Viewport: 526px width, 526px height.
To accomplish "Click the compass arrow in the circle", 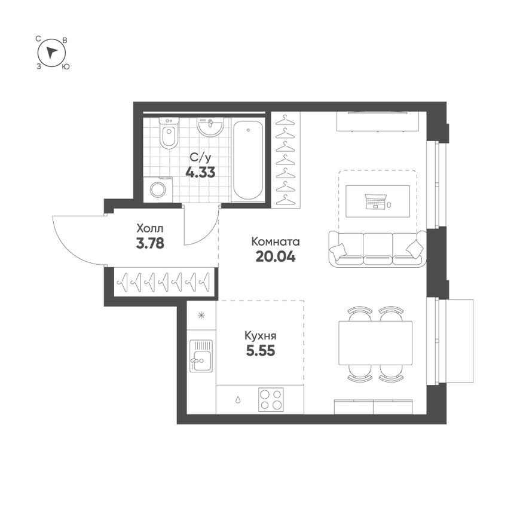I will tap(52, 52).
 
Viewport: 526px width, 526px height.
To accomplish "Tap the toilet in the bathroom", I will tap(169, 134).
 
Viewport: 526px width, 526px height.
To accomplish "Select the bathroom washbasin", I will tap(210, 127).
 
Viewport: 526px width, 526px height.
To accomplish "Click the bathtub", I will tap(247, 160).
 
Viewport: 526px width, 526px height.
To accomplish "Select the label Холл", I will tap(149, 228).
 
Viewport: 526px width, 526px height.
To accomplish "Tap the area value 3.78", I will tap(149, 243).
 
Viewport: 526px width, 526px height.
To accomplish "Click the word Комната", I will tap(275, 242).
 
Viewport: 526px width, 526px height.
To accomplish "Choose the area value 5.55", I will tap(261, 351).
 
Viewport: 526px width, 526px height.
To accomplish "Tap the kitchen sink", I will tap(201, 356).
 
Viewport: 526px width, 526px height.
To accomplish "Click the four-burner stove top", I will tap(271, 399).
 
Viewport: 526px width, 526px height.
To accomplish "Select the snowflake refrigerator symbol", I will tap(201, 314).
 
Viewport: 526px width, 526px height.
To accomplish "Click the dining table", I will tap(375, 343).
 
